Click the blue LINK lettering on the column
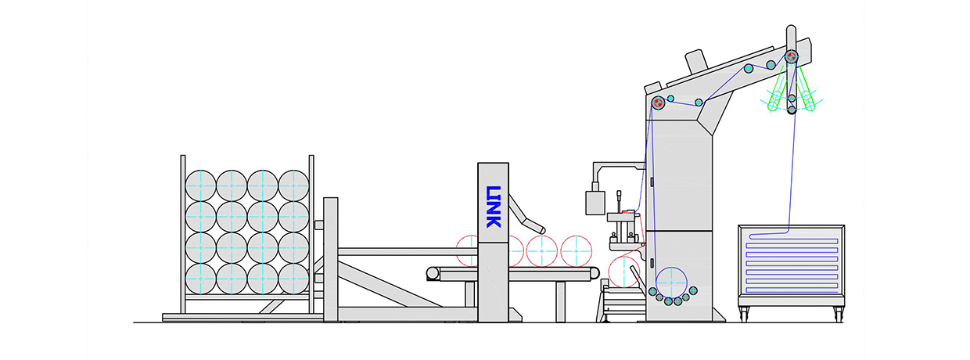pos(494,207)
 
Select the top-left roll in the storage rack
pos(200,185)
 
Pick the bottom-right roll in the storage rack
pos(293,279)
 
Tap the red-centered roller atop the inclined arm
pos(792,56)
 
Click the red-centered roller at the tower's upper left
pos(658,103)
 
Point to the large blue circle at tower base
pos(671,283)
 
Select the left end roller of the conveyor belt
pos(433,273)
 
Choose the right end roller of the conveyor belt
pos(594,273)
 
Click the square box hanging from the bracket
pos(595,203)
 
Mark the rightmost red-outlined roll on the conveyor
pos(576,251)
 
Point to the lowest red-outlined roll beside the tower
pos(624,272)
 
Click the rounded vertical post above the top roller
pos(791,38)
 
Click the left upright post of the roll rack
pos(183,234)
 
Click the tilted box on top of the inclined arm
pos(696,60)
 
